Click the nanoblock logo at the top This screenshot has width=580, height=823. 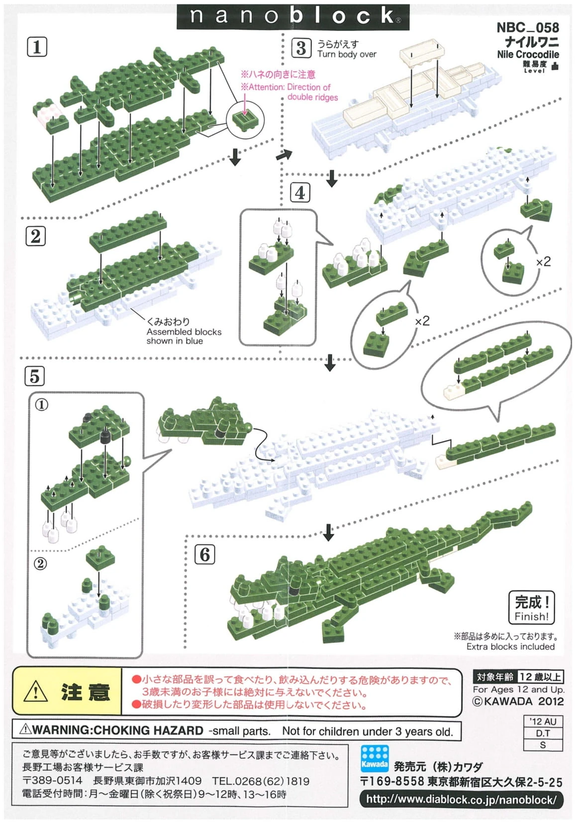pyautogui.click(x=292, y=16)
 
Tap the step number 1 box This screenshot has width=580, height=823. pyautogui.click(x=37, y=47)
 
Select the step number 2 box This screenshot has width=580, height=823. pyautogui.click(x=35, y=236)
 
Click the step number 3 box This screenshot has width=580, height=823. pyautogui.click(x=301, y=48)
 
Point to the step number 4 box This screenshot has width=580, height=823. pyautogui.click(x=300, y=193)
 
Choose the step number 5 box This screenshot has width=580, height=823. pyautogui.click(x=34, y=376)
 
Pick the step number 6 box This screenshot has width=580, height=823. pyautogui.click(x=205, y=554)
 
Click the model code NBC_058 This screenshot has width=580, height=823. pyautogui.click(x=527, y=27)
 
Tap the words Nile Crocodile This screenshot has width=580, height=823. pyautogui.click(x=528, y=54)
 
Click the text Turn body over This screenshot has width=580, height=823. pyautogui.click(x=347, y=54)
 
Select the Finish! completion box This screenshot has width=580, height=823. pyautogui.click(x=531, y=607)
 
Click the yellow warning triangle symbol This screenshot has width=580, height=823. pyautogui.click(x=36, y=692)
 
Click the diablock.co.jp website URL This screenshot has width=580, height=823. pyautogui.click(x=461, y=800)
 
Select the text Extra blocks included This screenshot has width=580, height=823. pyautogui.click(x=510, y=646)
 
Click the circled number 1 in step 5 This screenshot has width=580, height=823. pyautogui.click(x=42, y=405)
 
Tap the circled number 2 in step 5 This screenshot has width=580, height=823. pyautogui.click(x=41, y=564)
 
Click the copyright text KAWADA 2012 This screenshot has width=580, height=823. pyautogui.click(x=518, y=701)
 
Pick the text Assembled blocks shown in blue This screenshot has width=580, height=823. pyautogui.click(x=184, y=336)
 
